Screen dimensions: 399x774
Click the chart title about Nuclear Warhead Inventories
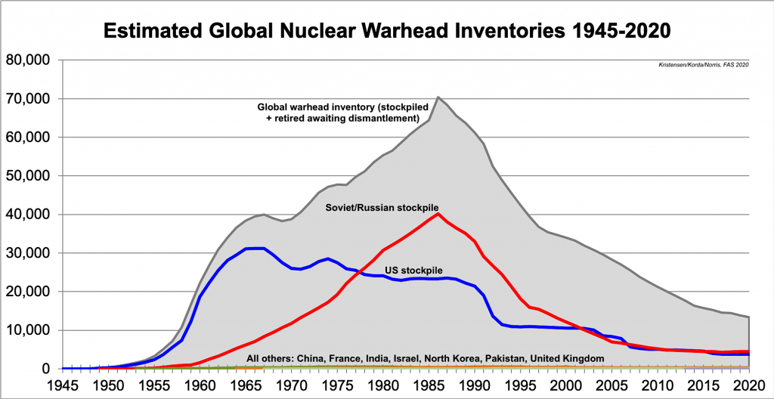387,31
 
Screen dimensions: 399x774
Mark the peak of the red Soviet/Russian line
438,214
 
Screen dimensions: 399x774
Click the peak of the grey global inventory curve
438,97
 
